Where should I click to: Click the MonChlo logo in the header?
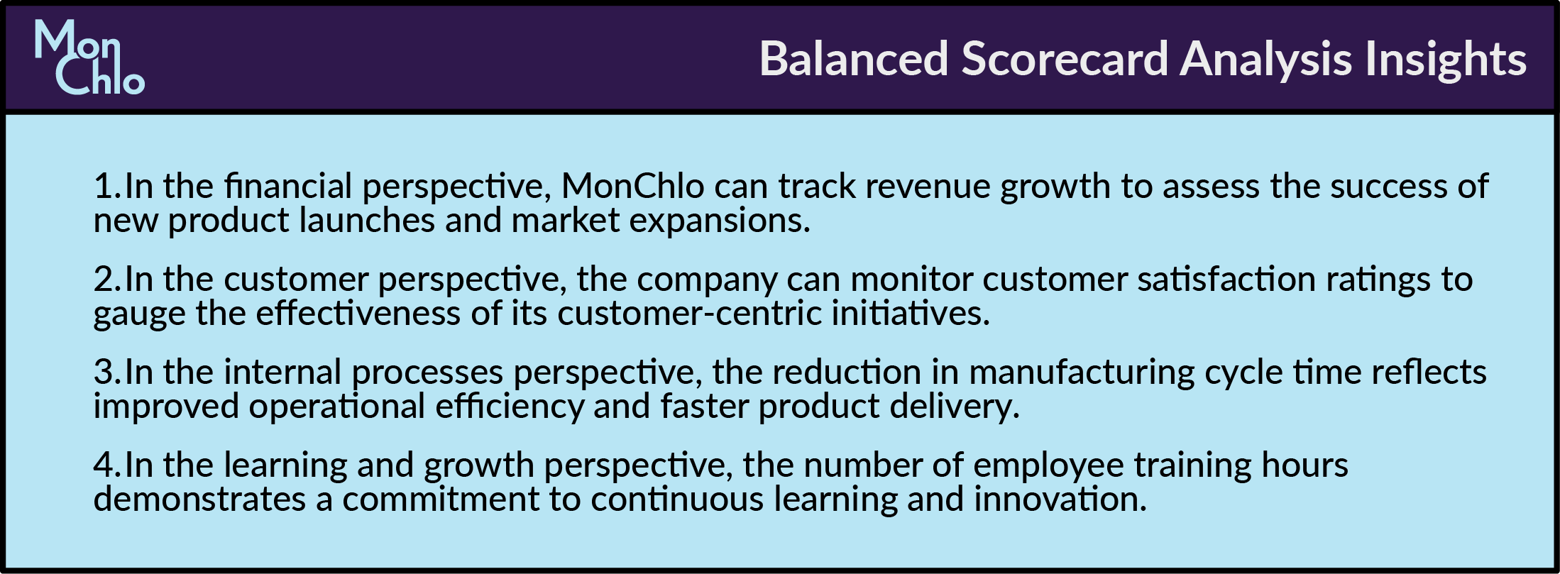click(89, 57)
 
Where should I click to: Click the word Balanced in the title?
click(854, 58)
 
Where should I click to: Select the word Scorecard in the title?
click(1065, 58)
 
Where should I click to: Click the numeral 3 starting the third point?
click(104, 372)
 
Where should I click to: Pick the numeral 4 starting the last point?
click(104, 465)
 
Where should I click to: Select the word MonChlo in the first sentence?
click(633, 187)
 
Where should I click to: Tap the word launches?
click(367, 221)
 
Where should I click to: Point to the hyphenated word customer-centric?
click(689, 314)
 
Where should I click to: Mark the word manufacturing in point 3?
click(1082, 372)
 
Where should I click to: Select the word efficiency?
click(510, 407)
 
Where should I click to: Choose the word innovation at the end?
click(1061, 500)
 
